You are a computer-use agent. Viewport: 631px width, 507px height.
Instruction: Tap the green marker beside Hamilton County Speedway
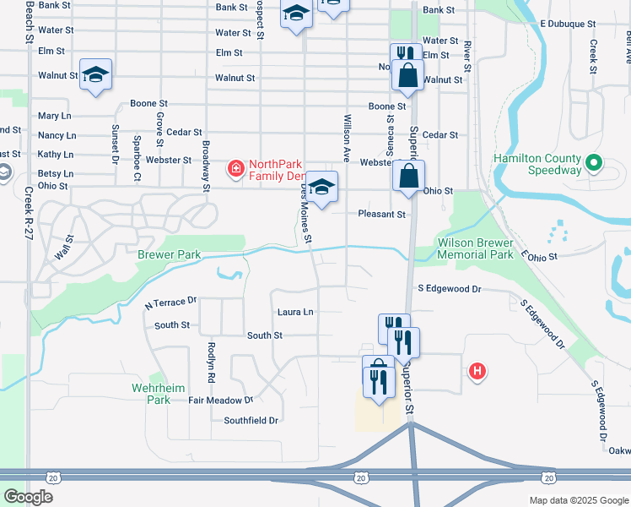(x=594, y=161)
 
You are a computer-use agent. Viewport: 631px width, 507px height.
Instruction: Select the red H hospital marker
(x=477, y=371)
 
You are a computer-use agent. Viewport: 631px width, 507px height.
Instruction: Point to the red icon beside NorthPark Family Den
(x=235, y=169)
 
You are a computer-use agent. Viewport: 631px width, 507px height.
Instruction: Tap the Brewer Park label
(x=170, y=254)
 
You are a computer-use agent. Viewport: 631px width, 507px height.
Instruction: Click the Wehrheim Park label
(x=152, y=394)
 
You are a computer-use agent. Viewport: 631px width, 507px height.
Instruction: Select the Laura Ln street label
(x=295, y=312)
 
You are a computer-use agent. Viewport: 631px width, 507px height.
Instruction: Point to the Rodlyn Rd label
(x=211, y=359)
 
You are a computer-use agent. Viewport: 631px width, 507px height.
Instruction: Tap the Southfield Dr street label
(x=251, y=420)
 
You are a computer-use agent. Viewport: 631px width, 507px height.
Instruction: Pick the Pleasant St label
(x=381, y=215)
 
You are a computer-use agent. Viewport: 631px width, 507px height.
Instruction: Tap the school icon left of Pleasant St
(x=321, y=187)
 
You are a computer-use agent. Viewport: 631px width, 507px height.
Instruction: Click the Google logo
(x=29, y=497)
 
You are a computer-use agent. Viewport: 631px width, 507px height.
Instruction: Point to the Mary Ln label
(x=55, y=116)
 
